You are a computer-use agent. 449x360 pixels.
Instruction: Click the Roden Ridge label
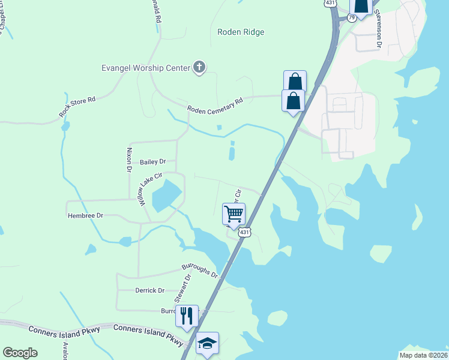point(241,32)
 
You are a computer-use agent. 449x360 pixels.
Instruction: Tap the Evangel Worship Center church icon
point(199,68)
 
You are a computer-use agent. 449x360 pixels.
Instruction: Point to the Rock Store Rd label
point(77,106)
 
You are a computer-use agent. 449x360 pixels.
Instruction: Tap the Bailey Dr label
point(152,162)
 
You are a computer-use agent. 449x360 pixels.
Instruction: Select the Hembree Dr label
point(85,215)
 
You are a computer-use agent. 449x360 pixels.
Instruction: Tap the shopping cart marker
point(234,214)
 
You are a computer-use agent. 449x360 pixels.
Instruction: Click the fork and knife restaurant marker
point(187,315)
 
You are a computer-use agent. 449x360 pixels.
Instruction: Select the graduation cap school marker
point(207,343)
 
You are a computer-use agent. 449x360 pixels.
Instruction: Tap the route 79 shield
point(351,17)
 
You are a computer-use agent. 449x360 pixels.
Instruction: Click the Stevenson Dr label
point(379,28)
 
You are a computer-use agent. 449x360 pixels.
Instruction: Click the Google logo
point(20,353)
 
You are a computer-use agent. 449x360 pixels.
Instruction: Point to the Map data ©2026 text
point(423,355)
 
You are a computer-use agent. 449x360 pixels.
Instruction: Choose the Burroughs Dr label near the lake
point(200,271)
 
